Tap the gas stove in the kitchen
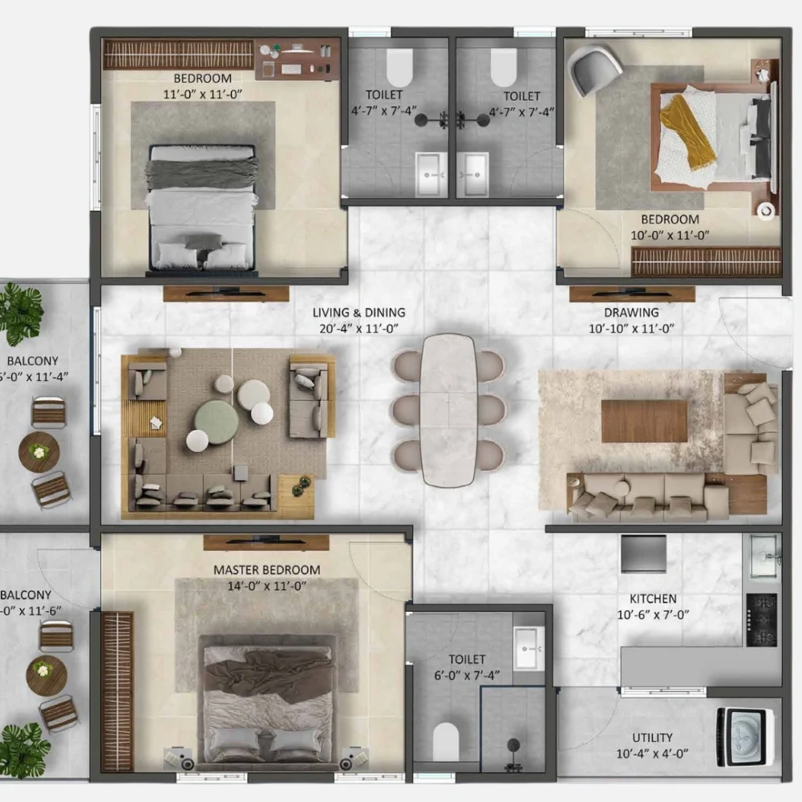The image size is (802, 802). coord(761,620)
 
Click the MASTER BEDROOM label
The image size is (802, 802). coord(266,570)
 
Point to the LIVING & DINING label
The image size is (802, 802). coord(358,313)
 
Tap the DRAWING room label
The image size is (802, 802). coord(631,313)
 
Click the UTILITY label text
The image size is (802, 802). coord(652,738)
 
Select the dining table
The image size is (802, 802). coord(448,409)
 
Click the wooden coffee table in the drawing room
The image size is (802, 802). coord(644,421)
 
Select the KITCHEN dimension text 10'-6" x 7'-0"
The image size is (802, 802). coord(653,614)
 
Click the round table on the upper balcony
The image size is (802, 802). coord(38,452)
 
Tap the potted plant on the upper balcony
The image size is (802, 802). coord(19,311)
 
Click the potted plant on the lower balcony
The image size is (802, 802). coord(22,750)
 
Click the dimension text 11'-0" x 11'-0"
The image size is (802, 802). coord(202,94)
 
